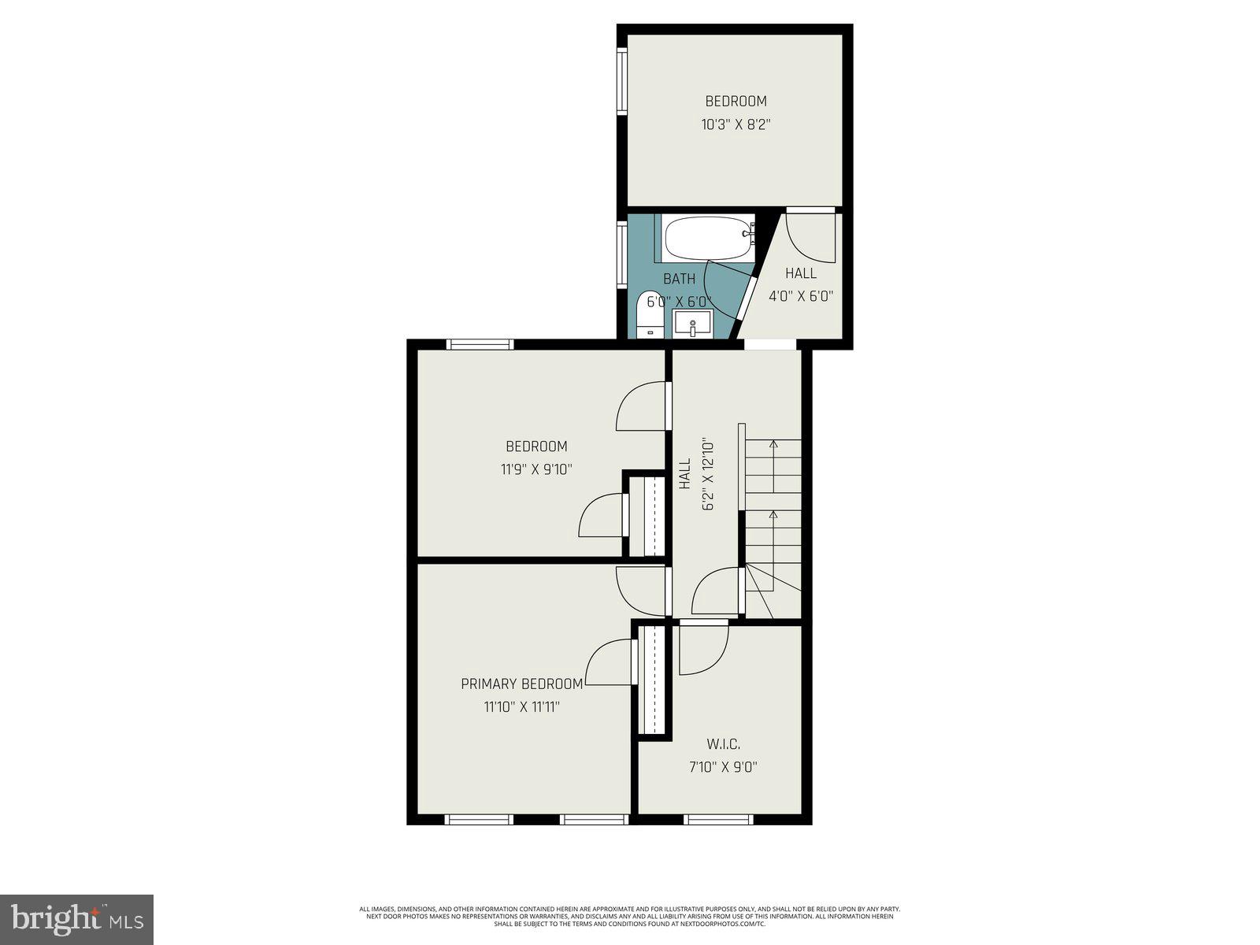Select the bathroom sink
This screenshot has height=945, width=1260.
pyautogui.click(x=692, y=324)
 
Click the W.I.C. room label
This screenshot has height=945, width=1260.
pyautogui.click(x=723, y=744)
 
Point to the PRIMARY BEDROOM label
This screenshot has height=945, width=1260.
pyautogui.click(x=522, y=684)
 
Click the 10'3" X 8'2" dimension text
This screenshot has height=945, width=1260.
pyautogui.click(x=735, y=124)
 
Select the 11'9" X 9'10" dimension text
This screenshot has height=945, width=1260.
pyautogui.click(x=536, y=469)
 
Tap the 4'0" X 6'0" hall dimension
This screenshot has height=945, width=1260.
pyautogui.click(x=801, y=296)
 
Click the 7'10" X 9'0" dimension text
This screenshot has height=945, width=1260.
pyautogui.click(x=723, y=767)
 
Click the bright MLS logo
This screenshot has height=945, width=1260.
pyautogui.click(x=76, y=918)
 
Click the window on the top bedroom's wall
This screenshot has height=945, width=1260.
pyautogui.click(x=621, y=81)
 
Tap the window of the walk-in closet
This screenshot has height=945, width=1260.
pyautogui.click(x=718, y=820)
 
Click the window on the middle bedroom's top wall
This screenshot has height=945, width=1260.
pyautogui.click(x=480, y=344)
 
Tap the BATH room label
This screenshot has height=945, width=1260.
pyautogui.click(x=679, y=279)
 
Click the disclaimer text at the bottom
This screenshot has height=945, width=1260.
pyautogui.click(x=629, y=916)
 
